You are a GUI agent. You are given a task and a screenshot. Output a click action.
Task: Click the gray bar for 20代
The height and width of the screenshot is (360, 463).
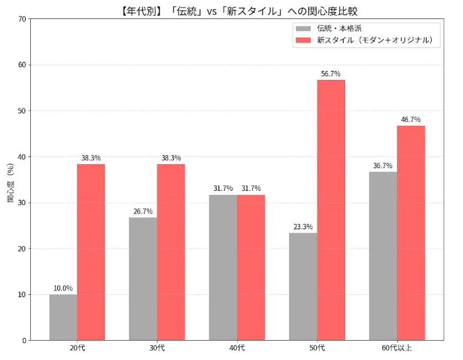[x=63, y=317]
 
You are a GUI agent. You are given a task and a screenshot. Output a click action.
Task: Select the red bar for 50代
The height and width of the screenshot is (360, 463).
[x=331, y=210]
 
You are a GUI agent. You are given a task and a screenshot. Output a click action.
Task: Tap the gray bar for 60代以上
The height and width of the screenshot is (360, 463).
[x=383, y=256]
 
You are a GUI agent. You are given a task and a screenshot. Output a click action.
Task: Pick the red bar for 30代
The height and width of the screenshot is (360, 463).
[x=171, y=252]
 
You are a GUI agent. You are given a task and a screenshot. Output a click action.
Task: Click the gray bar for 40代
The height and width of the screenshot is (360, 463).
[x=223, y=267]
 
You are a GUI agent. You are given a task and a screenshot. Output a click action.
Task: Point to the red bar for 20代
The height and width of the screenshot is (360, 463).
[x=91, y=252]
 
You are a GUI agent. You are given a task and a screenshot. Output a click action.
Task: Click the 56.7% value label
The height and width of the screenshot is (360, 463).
[x=331, y=73]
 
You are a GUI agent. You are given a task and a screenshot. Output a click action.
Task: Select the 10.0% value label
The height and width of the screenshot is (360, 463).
[x=63, y=288]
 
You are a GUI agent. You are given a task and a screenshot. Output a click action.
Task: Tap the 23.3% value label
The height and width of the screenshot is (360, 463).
[x=303, y=227]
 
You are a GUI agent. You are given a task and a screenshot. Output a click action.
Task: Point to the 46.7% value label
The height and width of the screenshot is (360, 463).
[x=411, y=119]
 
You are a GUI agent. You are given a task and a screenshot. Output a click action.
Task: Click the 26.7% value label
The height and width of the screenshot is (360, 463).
[x=143, y=211]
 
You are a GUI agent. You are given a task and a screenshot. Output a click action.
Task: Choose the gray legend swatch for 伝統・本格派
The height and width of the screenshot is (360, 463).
[x=303, y=29]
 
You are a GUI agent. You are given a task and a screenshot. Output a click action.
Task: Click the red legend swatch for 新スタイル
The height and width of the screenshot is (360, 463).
[x=303, y=40]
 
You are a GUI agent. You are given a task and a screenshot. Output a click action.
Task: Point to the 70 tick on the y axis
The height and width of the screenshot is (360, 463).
[x=22, y=19]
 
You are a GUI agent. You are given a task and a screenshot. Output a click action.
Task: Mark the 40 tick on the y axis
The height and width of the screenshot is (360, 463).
[x=22, y=157]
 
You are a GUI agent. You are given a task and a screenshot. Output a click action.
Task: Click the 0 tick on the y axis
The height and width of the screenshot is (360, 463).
[x=24, y=340]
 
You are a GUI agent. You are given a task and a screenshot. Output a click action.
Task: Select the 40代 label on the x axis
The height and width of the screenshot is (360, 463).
[x=237, y=348]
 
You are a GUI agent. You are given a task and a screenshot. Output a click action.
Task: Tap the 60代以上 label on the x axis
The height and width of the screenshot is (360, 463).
[x=397, y=348]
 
